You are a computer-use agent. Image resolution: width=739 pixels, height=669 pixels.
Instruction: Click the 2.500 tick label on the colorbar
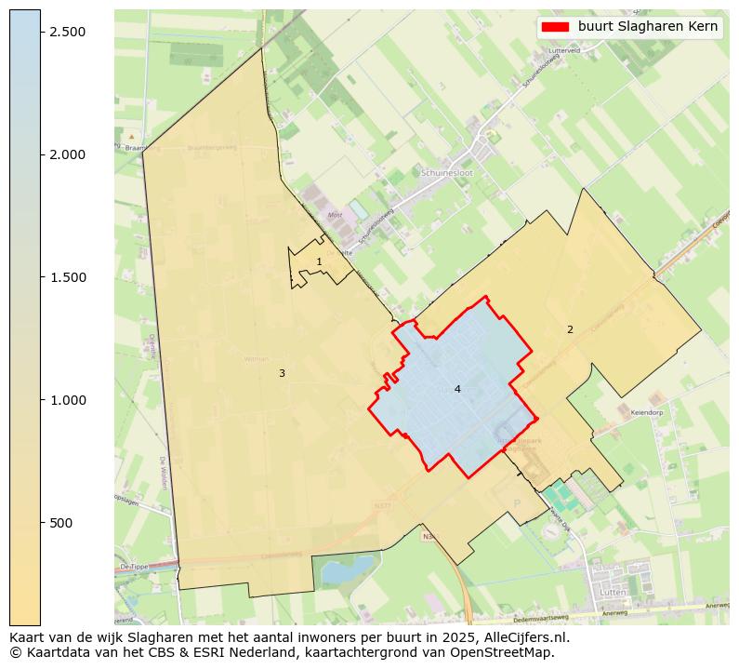tap(67, 32)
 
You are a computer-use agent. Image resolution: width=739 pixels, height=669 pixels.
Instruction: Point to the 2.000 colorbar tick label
tap(67, 154)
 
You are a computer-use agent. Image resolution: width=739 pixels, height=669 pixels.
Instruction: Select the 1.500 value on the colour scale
tap(67, 277)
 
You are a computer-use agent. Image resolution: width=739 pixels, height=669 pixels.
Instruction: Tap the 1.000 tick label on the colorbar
tap(67, 400)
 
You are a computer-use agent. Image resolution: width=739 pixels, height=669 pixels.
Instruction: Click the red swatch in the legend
tap(555, 27)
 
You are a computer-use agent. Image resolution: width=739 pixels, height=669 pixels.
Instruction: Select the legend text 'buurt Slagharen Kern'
tap(647, 27)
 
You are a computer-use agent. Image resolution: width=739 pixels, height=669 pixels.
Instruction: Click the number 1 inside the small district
tap(319, 262)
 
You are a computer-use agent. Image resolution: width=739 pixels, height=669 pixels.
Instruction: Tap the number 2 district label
tap(570, 329)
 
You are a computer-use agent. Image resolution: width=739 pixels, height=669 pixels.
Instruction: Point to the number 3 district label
tap(282, 374)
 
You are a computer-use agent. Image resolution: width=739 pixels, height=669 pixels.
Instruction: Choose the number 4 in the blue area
tap(457, 389)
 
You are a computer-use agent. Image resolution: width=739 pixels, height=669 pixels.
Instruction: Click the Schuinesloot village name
tap(446, 173)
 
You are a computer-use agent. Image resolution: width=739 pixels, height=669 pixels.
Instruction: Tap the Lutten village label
tap(613, 592)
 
